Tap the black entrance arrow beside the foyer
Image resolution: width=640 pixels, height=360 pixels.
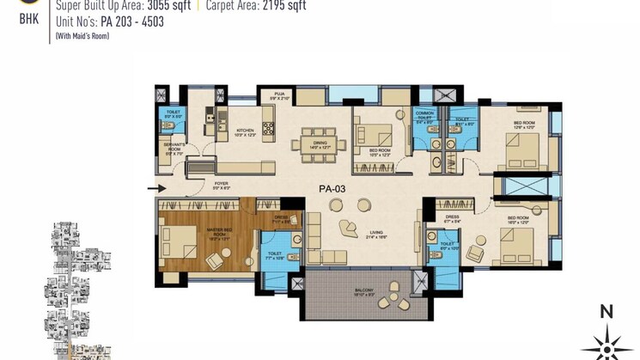(x=155, y=188)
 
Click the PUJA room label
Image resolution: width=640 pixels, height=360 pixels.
(x=279, y=96)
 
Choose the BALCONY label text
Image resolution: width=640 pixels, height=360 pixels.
(x=363, y=290)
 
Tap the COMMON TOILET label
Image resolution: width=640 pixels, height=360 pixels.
(x=422, y=116)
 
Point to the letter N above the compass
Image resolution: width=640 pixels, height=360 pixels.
(x=606, y=312)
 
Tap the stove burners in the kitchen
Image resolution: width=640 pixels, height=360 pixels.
(x=268, y=129)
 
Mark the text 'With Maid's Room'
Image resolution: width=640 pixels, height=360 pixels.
(x=82, y=37)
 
